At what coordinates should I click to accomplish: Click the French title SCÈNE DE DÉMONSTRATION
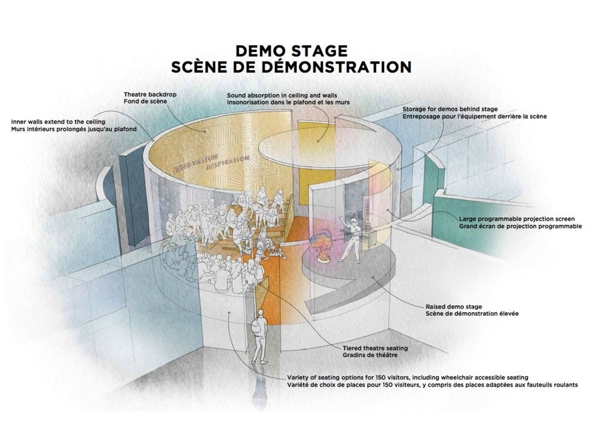tap(292, 67)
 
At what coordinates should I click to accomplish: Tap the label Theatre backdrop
tap(151, 95)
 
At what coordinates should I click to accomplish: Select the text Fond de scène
tap(146, 102)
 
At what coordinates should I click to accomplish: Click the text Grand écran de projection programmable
tap(520, 226)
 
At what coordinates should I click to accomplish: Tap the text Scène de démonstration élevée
tap(460, 313)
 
